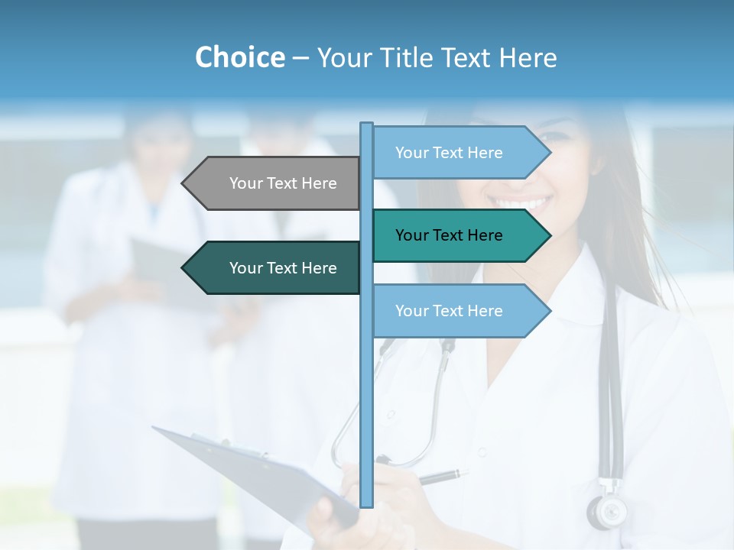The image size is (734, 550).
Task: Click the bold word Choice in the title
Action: pyautogui.click(x=239, y=58)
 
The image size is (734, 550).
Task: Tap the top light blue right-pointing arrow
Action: pyautogui.click(x=459, y=153)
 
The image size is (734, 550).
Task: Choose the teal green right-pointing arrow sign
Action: pyautogui.click(x=459, y=235)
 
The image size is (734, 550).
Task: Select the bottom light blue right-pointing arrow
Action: pyautogui.click(x=459, y=311)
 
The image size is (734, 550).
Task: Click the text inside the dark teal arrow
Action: pyautogui.click(x=283, y=268)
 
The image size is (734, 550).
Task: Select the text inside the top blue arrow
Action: pyautogui.click(x=449, y=153)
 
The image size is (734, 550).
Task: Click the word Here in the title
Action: pyautogui.click(x=528, y=58)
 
